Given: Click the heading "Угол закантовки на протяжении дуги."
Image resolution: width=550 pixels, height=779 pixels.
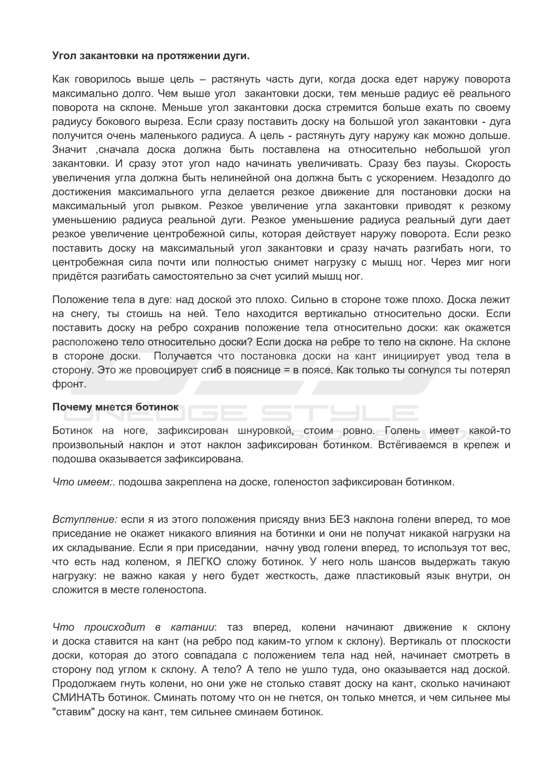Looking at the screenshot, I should pyautogui.click(x=151, y=56).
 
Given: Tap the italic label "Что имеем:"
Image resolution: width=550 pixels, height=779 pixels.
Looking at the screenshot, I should pyautogui.click(x=84, y=482).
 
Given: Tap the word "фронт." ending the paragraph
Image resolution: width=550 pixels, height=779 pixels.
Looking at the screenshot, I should pyautogui.click(x=69, y=384).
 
